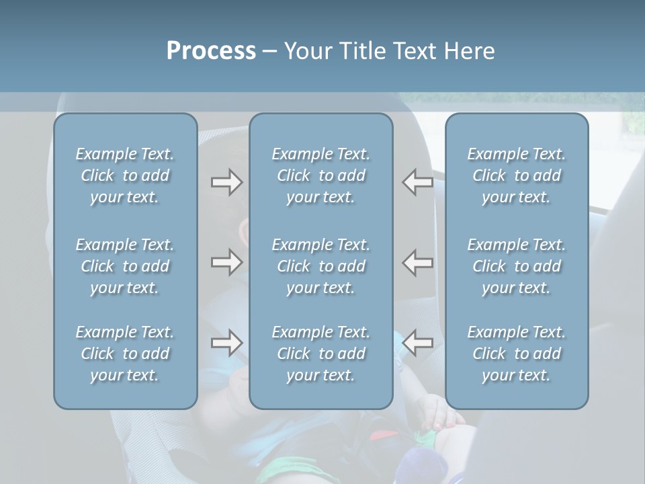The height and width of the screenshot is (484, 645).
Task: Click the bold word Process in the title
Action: click(211, 51)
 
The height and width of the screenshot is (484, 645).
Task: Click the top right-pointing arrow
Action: click(226, 182)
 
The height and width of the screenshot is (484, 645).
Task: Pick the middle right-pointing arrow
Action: click(226, 261)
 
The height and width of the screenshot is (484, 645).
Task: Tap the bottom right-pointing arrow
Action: click(226, 343)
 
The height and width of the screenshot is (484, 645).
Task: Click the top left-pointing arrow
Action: click(418, 182)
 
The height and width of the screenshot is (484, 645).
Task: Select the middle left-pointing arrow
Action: click(418, 261)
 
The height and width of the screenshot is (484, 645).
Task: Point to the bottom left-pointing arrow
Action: click(418, 343)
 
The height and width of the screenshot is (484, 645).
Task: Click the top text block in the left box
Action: click(125, 175)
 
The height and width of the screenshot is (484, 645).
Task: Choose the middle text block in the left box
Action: click(125, 266)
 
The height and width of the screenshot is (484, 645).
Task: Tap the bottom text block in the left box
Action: click(125, 354)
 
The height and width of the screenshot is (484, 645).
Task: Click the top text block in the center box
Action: click(321, 175)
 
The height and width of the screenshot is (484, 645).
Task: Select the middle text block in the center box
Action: click(321, 266)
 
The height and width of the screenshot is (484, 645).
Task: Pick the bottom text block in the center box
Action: click(321, 354)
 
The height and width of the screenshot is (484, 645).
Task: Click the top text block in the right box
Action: click(517, 175)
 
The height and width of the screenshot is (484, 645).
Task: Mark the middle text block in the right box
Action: click(517, 266)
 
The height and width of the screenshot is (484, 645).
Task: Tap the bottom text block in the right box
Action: click(517, 354)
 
